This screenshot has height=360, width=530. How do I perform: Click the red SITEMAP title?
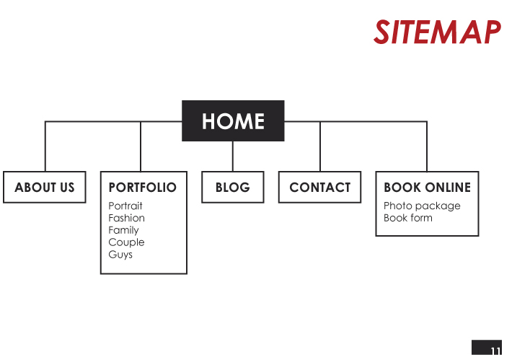click(x=437, y=32)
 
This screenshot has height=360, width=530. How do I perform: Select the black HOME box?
click(x=233, y=120)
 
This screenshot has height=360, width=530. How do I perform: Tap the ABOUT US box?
click(x=45, y=188)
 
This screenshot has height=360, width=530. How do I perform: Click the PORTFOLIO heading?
click(x=142, y=188)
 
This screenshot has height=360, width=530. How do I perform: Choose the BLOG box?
click(x=232, y=188)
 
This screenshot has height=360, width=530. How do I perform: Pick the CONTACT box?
click(x=319, y=188)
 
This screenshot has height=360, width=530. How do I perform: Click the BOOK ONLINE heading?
click(x=427, y=188)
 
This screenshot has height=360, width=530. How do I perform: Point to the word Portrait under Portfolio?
click(x=125, y=206)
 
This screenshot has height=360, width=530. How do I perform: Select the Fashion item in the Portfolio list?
click(x=126, y=218)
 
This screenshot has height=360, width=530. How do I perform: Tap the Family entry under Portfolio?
click(x=124, y=231)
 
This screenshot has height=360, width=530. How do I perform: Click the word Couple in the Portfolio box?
click(x=126, y=242)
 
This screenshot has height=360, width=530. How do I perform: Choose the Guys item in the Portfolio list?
click(x=120, y=255)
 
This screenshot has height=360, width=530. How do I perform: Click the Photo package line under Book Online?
click(x=422, y=206)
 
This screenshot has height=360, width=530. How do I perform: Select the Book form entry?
click(x=408, y=218)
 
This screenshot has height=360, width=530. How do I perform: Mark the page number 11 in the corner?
click(x=495, y=351)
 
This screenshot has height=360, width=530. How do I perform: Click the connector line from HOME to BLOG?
click(x=232, y=156)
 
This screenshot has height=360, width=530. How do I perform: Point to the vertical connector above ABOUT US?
click(x=45, y=146)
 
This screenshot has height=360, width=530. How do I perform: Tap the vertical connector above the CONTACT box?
click(x=320, y=146)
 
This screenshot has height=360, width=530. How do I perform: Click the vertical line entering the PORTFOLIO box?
click(x=141, y=146)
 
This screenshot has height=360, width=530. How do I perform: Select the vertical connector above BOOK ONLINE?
click(x=427, y=146)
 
